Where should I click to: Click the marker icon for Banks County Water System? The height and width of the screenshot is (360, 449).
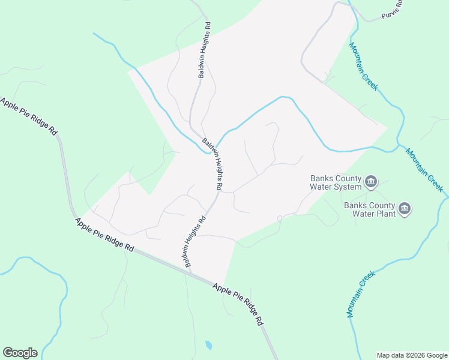point(371,182)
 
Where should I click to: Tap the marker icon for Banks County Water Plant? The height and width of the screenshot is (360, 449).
point(405,209)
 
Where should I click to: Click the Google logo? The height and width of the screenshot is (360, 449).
point(20,353)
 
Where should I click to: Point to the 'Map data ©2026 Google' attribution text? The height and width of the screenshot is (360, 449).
point(412,355)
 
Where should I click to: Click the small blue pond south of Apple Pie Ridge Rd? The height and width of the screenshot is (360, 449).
point(208,345)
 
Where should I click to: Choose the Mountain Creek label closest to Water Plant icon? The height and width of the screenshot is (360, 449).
point(424,170)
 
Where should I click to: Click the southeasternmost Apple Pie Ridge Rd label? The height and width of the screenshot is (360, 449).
point(238,304)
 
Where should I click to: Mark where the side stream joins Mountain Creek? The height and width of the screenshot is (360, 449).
point(397,145)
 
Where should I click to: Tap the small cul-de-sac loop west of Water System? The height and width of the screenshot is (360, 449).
point(279,218)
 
